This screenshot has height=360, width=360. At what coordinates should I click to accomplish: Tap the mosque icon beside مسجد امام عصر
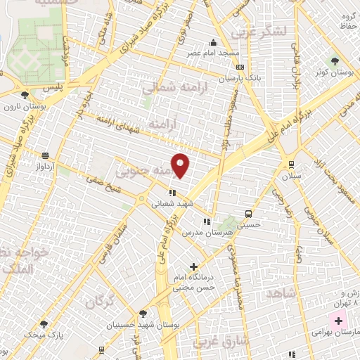(214, 42)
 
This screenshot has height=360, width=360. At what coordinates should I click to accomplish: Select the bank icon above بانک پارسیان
(241, 67)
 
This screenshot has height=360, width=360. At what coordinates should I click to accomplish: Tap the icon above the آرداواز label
(46, 156)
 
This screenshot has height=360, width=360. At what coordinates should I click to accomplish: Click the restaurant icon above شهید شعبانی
(171, 192)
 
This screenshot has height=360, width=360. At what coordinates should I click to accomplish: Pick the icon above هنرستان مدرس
(206, 221)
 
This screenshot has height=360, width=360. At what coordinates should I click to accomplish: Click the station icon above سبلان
(290, 165)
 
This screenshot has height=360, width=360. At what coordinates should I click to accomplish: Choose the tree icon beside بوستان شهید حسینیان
(143, 314)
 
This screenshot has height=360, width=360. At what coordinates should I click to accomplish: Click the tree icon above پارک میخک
(44, 324)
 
